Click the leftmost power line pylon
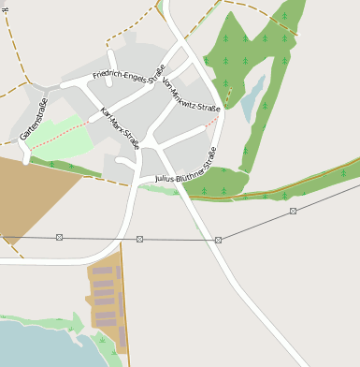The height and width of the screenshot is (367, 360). click(60, 238)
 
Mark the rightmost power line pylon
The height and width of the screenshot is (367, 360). click(293, 211)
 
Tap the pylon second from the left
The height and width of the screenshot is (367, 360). click(139, 239)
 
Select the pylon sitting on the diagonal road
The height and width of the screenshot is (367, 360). click(218, 240)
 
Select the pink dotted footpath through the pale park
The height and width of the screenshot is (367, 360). click(61, 136)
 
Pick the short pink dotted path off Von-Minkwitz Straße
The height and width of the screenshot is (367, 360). click(213, 121)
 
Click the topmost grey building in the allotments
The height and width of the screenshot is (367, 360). click(102, 271)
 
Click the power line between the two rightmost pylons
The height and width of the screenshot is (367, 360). click(255, 226)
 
